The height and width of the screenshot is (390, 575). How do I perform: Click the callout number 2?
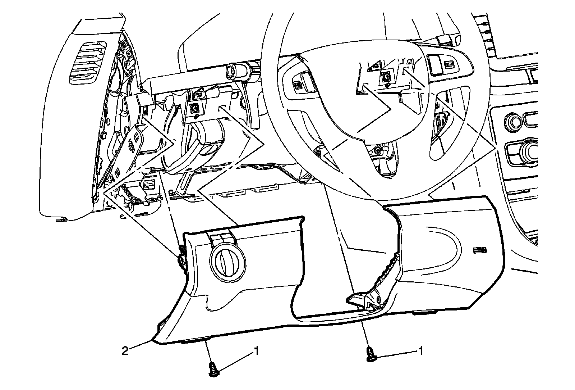125,351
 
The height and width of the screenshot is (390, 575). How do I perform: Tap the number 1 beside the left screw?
256,351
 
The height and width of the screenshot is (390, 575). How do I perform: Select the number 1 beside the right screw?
420,351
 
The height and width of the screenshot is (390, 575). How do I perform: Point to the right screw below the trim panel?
371,355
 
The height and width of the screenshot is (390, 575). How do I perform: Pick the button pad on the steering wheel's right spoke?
441,65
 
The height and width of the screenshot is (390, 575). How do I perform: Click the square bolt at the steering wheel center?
386,76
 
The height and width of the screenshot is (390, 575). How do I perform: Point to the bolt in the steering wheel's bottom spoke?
377,150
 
